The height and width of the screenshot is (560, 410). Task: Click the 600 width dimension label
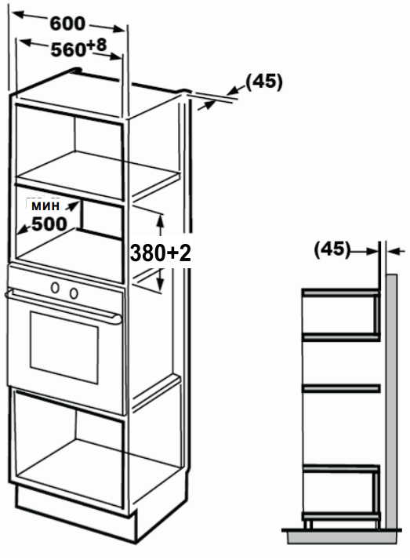pyautogui.click(x=67, y=24)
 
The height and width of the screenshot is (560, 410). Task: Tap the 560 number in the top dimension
pyautogui.click(x=68, y=49)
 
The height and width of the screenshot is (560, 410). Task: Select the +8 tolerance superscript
pyautogui.click(x=96, y=45)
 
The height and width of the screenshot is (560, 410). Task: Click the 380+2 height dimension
pyautogui.click(x=161, y=253)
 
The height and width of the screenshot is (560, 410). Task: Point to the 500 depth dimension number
pyautogui.click(x=49, y=224)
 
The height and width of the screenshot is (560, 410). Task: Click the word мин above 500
pyautogui.click(x=45, y=205)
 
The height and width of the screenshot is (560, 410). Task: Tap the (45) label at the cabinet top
pyautogui.click(x=264, y=82)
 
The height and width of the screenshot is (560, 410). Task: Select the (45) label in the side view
pyautogui.click(x=332, y=249)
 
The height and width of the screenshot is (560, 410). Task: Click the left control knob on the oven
pyautogui.click(x=55, y=288)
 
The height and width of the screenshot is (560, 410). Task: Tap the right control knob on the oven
pyautogui.click(x=74, y=293)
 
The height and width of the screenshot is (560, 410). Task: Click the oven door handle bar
pyautogui.click(x=63, y=306)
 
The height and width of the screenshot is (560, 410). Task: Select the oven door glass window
pyautogui.click(x=64, y=347)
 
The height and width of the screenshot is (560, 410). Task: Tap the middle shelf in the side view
pyautogui.click(x=341, y=388)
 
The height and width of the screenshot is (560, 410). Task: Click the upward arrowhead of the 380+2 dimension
pyautogui.click(x=160, y=221)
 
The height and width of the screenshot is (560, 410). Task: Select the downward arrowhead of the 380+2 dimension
pyautogui.click(x=160, y=284)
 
